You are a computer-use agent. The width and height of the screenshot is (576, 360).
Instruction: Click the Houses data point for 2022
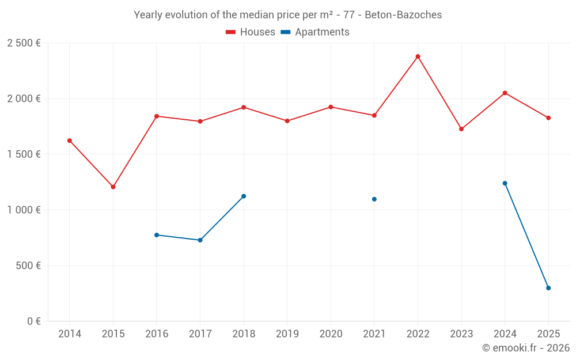[418, 56]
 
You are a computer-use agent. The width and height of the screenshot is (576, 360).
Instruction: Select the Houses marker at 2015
[113, 187]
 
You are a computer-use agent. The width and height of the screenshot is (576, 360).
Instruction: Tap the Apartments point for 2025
[548, 288]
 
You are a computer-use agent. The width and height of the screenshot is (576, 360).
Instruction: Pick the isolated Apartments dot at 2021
[374, 199]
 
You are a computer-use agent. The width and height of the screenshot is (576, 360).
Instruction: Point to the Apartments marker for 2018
[244, 196]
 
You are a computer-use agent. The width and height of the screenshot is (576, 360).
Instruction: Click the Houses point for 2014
[70, 141]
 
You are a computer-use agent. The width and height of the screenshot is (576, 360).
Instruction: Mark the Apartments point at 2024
[505, 183]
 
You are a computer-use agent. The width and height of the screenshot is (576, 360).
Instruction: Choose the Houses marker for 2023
[461, 129]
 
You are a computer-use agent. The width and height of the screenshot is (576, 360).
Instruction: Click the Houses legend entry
[251, 32]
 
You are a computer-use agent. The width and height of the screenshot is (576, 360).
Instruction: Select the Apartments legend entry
[315, 32]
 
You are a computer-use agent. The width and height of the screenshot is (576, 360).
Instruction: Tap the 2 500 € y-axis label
[24, 43]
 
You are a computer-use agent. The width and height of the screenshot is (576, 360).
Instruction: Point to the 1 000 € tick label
[24, 210]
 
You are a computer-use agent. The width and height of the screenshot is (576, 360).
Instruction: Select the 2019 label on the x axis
[287, 334]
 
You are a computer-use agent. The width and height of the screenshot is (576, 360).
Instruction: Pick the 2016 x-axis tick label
[157, 334]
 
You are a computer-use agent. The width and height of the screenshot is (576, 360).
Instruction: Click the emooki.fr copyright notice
[525, 348]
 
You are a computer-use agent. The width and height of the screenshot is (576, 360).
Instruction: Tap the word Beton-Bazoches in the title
[403, 15]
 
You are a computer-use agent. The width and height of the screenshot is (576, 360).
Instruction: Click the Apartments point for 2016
[157, 235]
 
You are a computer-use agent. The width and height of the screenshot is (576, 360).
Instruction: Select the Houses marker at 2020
[331, 107]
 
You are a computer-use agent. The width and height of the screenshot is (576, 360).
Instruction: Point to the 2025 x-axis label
[548, 334]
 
